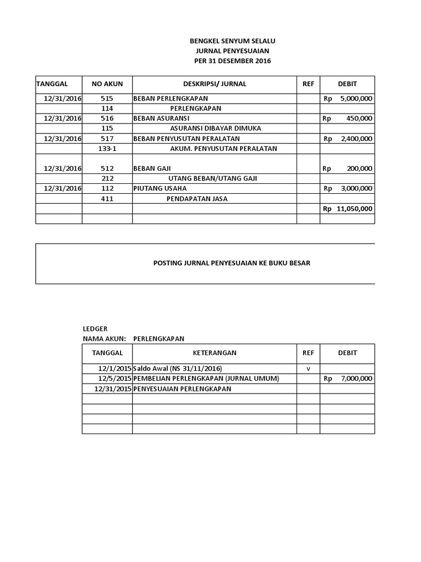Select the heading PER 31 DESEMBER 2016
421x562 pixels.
point(232,61)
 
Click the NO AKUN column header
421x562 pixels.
point(107,84)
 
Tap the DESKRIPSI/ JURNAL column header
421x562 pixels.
point(214,84)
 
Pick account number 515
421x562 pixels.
point(107,98)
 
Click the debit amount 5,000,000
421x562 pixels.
point(356,98)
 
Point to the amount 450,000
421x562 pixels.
point(360,118)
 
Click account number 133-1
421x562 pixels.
point(107,148)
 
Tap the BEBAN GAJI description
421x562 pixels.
point(149,168)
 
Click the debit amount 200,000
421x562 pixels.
point(360,168)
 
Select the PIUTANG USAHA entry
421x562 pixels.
point(156,188)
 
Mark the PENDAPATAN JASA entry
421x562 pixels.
point(197,199)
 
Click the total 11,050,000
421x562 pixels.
point(355,209)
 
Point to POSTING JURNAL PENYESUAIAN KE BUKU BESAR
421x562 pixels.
point(231,263)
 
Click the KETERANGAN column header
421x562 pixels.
point(214,352)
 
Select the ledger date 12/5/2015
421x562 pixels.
point(115,378)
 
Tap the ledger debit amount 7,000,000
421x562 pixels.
point(356,378)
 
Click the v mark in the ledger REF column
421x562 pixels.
point(308,369)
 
